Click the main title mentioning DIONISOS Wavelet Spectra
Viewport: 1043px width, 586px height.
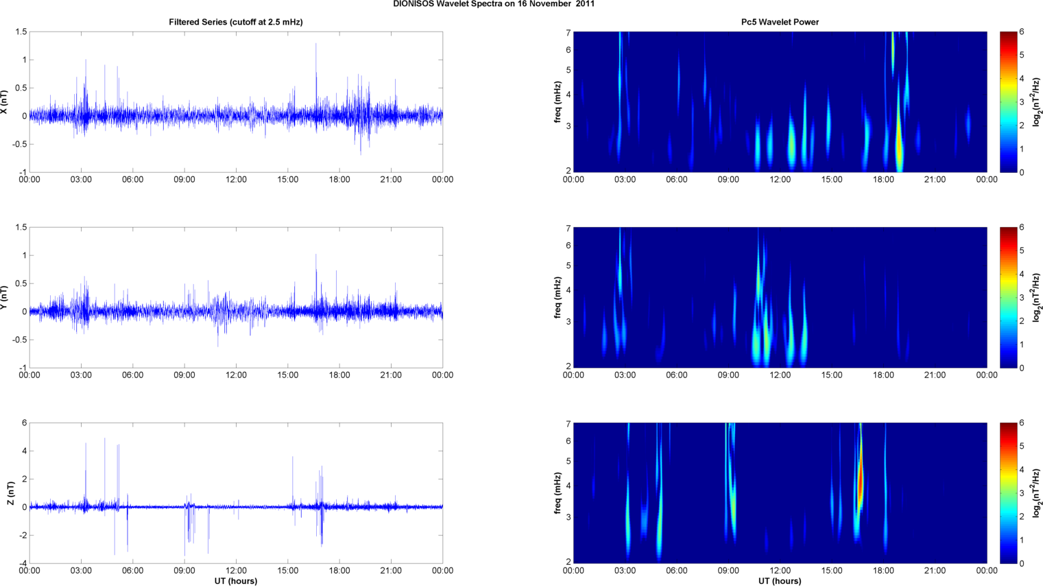[494, 4]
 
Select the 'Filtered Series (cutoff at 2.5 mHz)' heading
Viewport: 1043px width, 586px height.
[236, 22]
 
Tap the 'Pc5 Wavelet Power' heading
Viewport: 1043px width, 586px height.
[780, 22]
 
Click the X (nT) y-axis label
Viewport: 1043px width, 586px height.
[5, 102]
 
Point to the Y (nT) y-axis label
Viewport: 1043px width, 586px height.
[5, 298]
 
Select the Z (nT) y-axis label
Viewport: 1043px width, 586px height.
[10, 493]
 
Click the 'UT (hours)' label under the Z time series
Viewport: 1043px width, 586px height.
[236, 581]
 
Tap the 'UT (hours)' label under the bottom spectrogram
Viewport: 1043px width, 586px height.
[780, 581]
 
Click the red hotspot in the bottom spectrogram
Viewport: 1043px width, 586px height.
[860, 480]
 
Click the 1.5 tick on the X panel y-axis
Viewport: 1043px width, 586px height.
[21, 32]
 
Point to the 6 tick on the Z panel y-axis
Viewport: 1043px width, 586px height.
[24, 423]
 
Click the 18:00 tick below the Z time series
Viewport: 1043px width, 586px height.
[339, 571]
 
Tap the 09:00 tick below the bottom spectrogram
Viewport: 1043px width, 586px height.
[728, 571]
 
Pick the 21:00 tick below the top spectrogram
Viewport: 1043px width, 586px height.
[935, 180]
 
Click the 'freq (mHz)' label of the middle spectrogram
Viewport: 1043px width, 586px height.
[558, 298]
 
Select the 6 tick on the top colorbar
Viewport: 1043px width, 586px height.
[1022, 32]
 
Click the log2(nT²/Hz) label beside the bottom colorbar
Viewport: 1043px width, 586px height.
[1037, 493]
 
